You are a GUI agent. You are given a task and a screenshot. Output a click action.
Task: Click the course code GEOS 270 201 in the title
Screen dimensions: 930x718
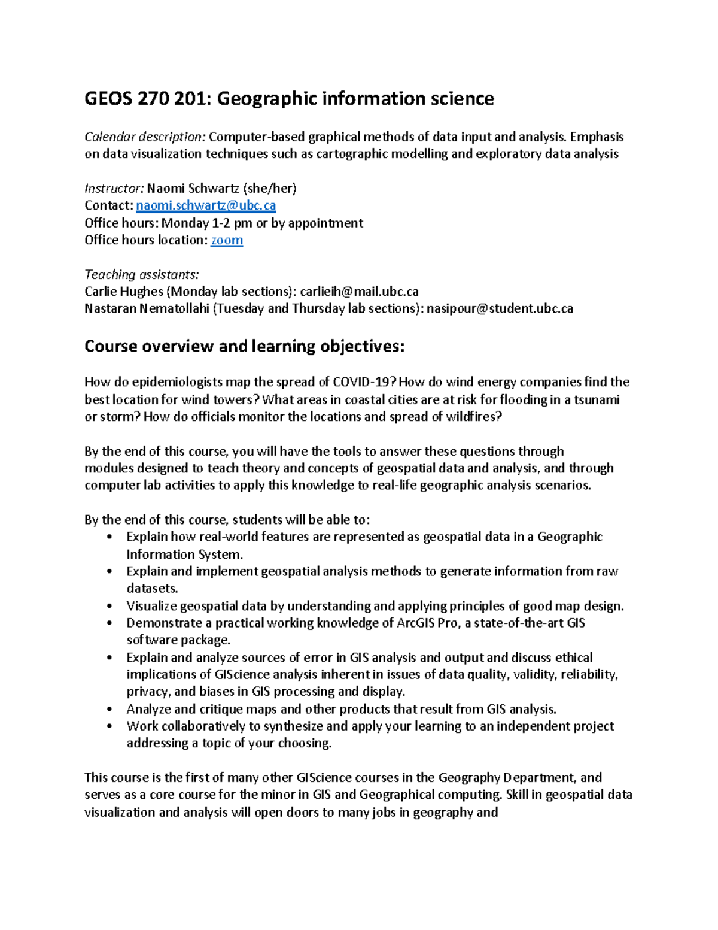[146, 98]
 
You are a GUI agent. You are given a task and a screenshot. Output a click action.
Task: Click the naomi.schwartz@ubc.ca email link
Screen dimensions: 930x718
[206, 205]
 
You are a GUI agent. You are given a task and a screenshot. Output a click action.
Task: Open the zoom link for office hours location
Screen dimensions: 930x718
[227, 240]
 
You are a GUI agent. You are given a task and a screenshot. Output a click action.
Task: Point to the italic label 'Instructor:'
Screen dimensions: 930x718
[114, 189]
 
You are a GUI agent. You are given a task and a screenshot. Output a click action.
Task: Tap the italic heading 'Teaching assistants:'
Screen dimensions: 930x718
[142, 274]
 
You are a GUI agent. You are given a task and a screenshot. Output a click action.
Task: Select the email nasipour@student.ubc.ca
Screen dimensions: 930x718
[500, 309]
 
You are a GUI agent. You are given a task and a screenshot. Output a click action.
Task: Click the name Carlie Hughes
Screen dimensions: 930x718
[124, 292]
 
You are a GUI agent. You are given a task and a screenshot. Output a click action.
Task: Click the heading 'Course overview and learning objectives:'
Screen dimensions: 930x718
[245, 346]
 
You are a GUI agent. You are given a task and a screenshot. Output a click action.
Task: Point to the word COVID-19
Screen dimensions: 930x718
[364, 382]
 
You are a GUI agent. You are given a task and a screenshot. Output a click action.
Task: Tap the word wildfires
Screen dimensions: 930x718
[470, 417]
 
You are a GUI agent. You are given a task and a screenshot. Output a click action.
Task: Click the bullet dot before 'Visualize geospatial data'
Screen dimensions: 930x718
[108, 606]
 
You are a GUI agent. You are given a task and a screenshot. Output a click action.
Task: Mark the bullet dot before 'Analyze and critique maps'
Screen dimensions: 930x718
[108, 709]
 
